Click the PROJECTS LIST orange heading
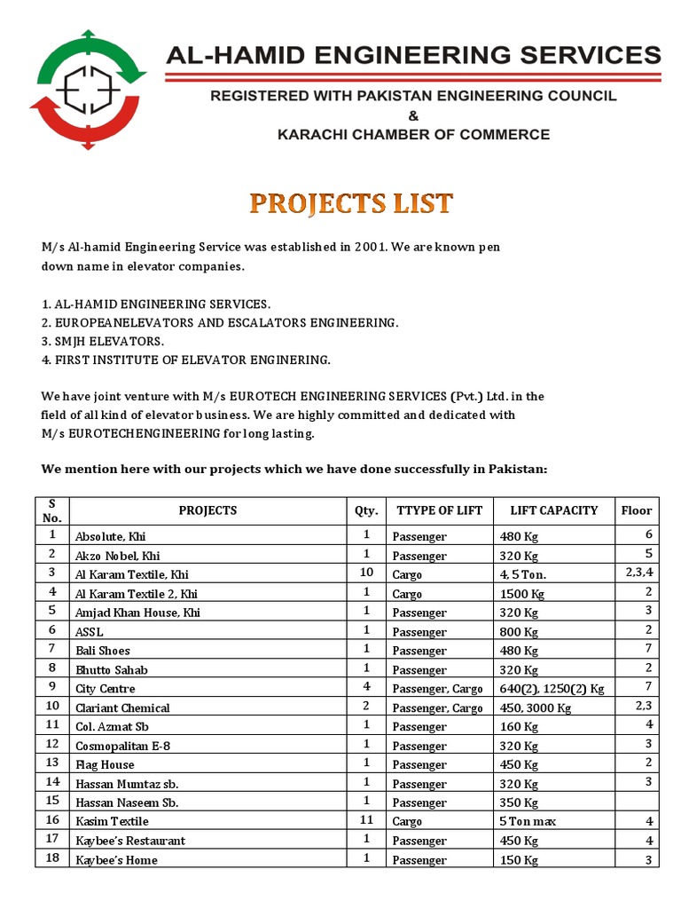[x=351, y=203]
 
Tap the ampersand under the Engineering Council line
[x=412, y=115]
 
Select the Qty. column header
[x=366, y=510]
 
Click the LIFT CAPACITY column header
[x=554, y=510]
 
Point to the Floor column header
[x=636, y=510]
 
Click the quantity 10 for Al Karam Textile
[x=366, y=573]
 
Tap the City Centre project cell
[x=106, y=688]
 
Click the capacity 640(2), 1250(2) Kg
[x=552, y=688]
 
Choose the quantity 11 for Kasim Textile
[x=366, y=820]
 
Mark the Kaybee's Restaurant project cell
[x=130, y=840]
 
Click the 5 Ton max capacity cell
[x=527, y=821]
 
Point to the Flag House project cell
[x=105, y=764]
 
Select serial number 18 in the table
[x=52, y=858]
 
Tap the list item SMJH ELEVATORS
[x=110, y=341]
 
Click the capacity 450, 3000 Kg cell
[x=536, y=707]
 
